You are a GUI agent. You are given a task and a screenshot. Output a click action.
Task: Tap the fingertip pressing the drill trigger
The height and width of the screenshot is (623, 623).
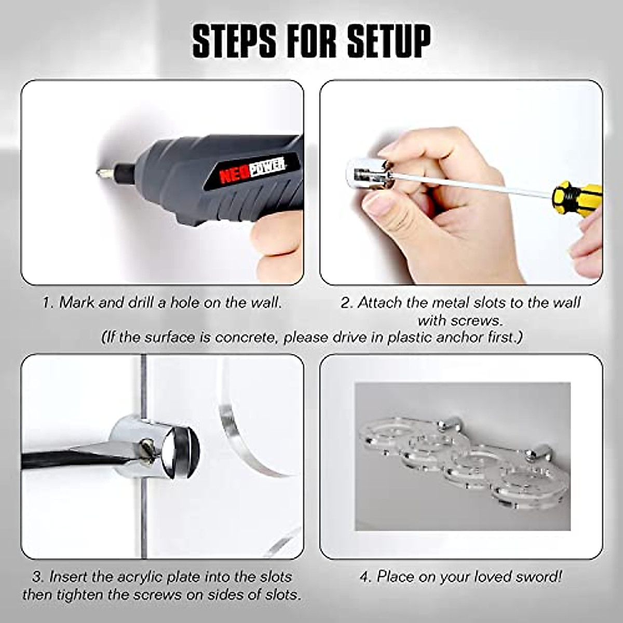pos(275,239)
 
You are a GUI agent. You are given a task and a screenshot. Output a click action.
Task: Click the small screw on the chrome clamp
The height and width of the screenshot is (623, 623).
pos(148,445)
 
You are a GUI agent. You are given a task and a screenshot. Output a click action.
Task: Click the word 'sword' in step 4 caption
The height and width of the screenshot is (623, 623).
pos(537,576)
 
